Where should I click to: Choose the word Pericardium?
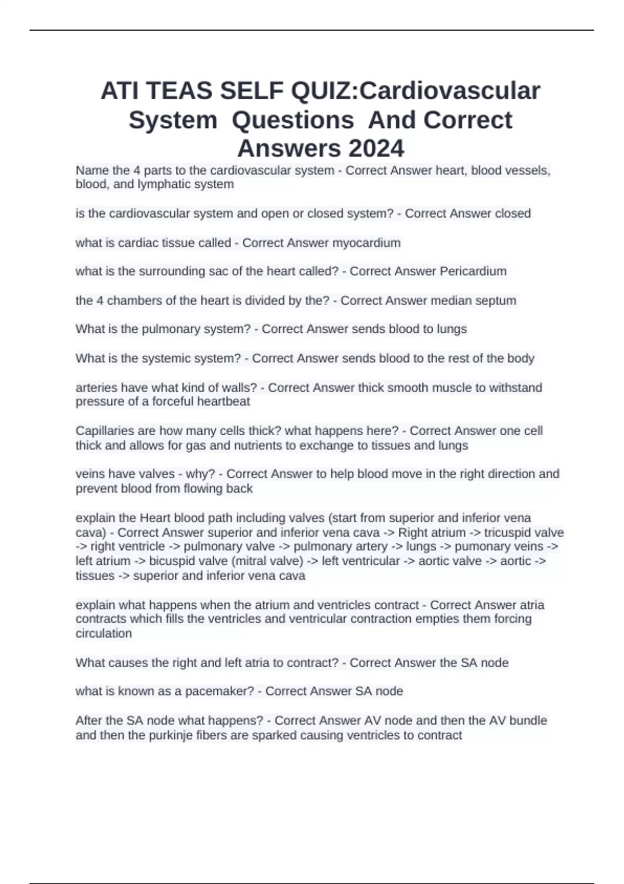tap(473, 271)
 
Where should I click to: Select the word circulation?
tap(103, 633)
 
